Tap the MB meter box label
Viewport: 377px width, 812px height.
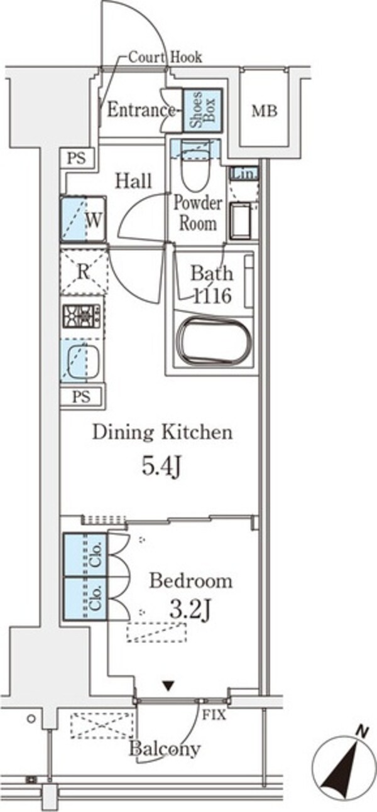[265, 111]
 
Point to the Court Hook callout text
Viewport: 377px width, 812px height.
[165, 57]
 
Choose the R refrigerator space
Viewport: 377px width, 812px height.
[84, 272]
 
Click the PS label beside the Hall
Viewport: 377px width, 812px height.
[77, 158]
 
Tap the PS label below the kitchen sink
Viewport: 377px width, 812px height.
[81, 396]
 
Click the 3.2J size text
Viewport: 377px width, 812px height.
[190, 611]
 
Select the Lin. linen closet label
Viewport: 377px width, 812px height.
[244, 173]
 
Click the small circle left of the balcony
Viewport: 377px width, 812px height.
[31, 718]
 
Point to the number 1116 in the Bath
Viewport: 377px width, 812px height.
[212, 296]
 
